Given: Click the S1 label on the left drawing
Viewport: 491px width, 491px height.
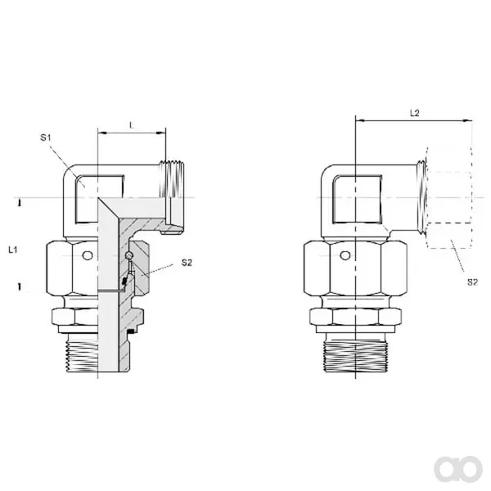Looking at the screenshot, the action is pyautogui.click(x=45, y=137).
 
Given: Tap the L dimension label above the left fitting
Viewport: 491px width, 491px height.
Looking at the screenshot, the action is pyautogui.click(x=132, y=125).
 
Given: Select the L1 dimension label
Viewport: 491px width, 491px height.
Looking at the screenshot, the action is pyautogui.click(x=13, y=250).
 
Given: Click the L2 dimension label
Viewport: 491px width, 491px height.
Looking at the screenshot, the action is pyautogui.click(x=415, y=113).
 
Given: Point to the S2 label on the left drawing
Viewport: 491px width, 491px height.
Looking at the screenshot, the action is pyautogui.click(x=187, y=263).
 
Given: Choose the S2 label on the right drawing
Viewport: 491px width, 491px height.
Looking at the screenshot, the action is pyautogui.click(x=472, y=282).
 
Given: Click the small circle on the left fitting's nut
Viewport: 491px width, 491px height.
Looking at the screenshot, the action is pyautogui.click(x=88, y=255).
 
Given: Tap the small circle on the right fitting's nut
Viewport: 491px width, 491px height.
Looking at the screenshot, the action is pyautogui.click(x=345, y=255).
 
